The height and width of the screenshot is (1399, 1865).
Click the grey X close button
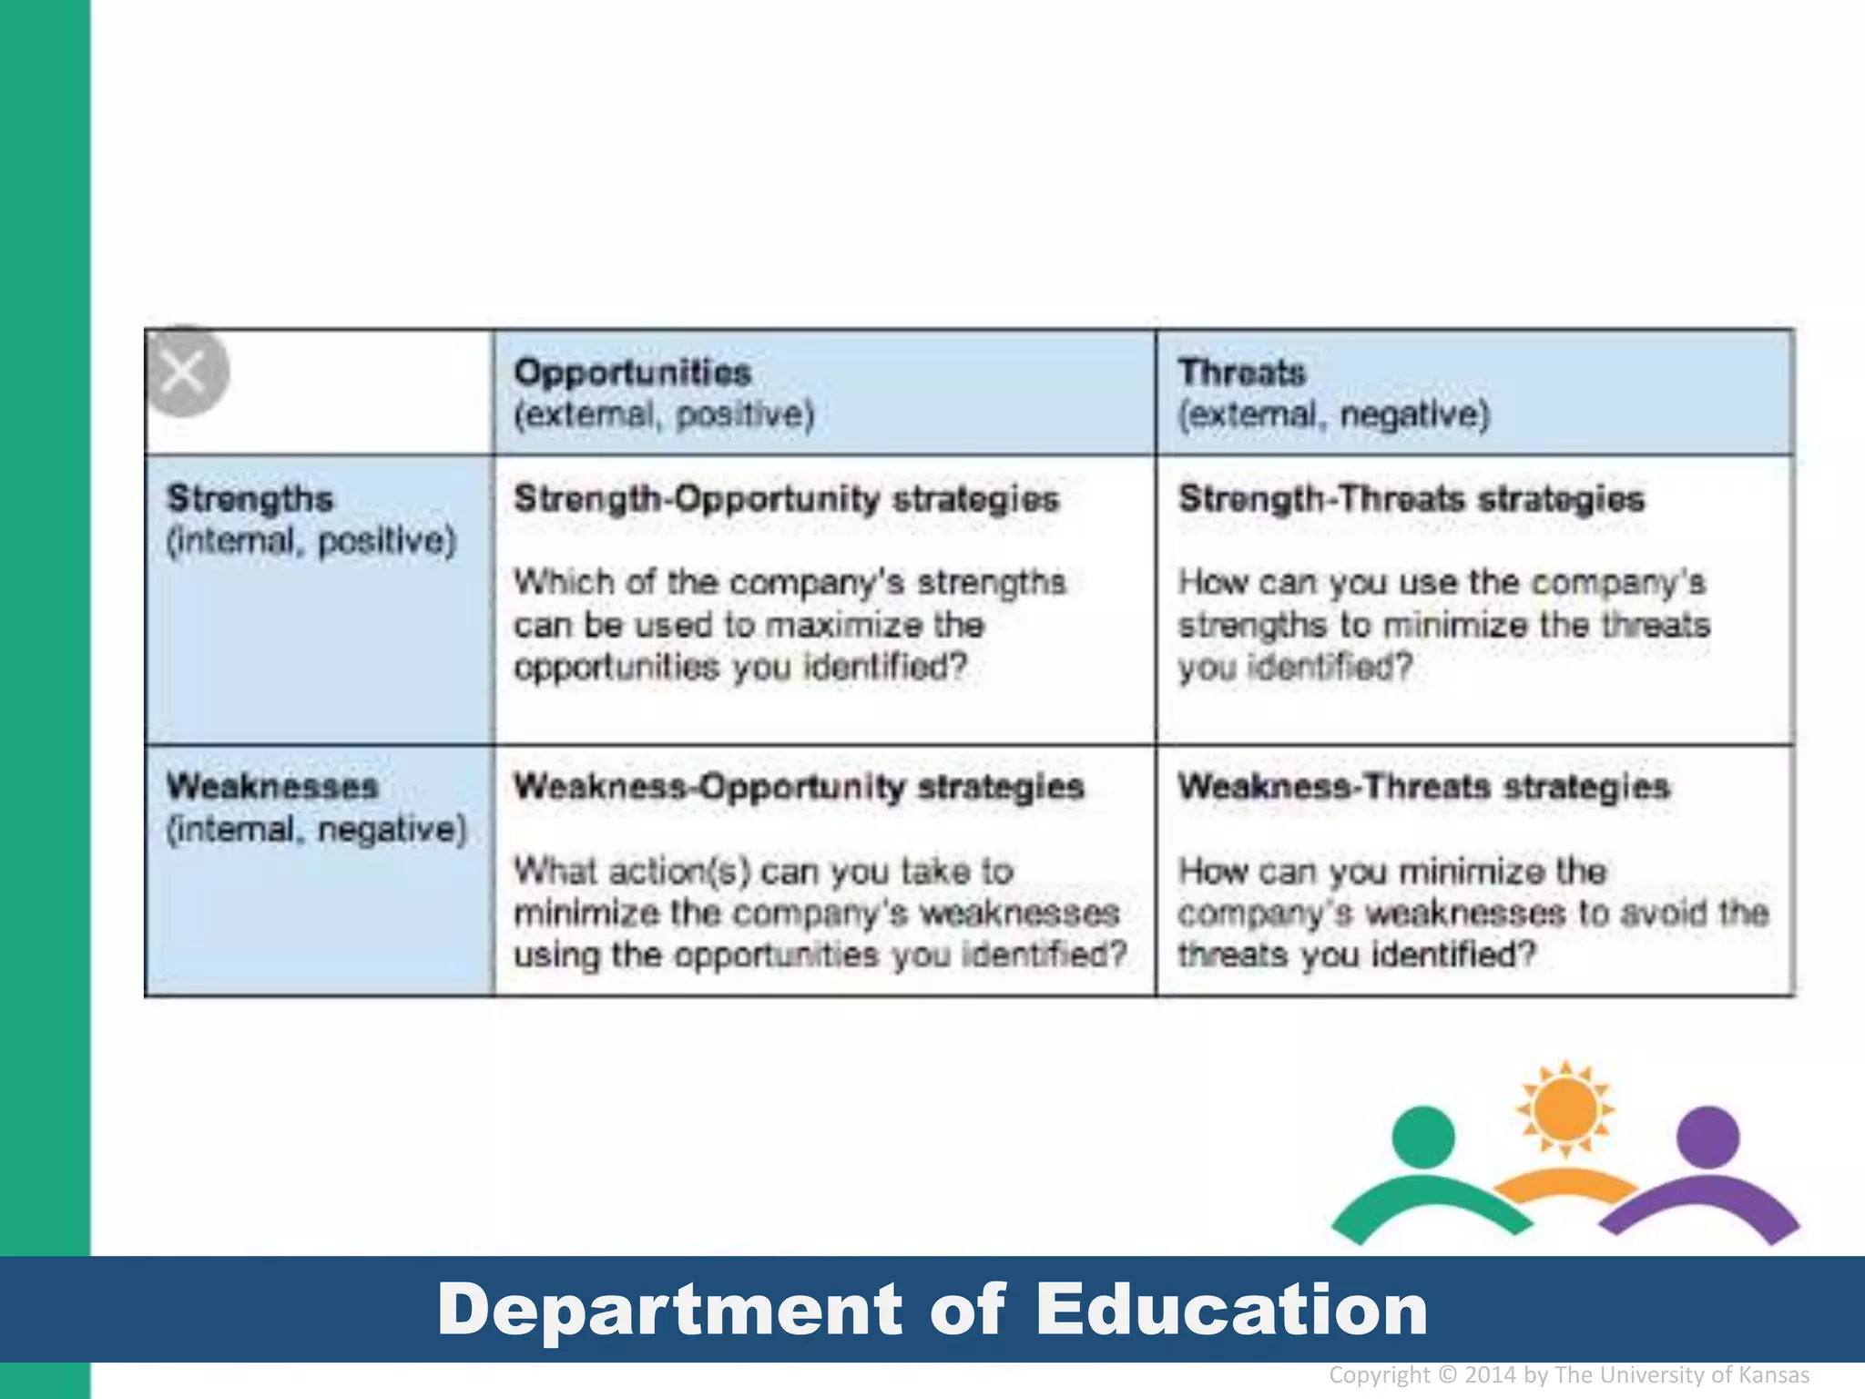[x=185, y=372]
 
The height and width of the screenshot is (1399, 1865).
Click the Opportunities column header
[x=632, y=373]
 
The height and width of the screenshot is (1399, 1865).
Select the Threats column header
[x=1241, y=373]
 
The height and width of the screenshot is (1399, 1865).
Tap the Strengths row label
[x=250, y=499]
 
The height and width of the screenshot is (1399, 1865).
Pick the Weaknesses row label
[x=271, y=787]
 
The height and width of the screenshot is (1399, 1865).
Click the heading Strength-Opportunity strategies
[x=787, y=499]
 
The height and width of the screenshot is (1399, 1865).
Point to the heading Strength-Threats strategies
[x=1411, y=499]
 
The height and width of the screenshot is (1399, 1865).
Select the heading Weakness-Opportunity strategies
[x=799, y=787]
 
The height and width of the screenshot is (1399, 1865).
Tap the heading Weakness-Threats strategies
[x=1424, y=787]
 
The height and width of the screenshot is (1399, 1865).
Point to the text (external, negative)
[x=1334, y=415]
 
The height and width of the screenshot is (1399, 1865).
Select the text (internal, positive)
[x=311, y=541]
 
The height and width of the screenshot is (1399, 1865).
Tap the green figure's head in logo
[x=1424, y=1137]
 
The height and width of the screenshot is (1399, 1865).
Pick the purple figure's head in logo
[x=1708, y=1137]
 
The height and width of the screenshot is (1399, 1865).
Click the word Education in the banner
[x=1231, y=1310]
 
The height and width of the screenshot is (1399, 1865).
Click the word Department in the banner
[x=669, y=1310]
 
